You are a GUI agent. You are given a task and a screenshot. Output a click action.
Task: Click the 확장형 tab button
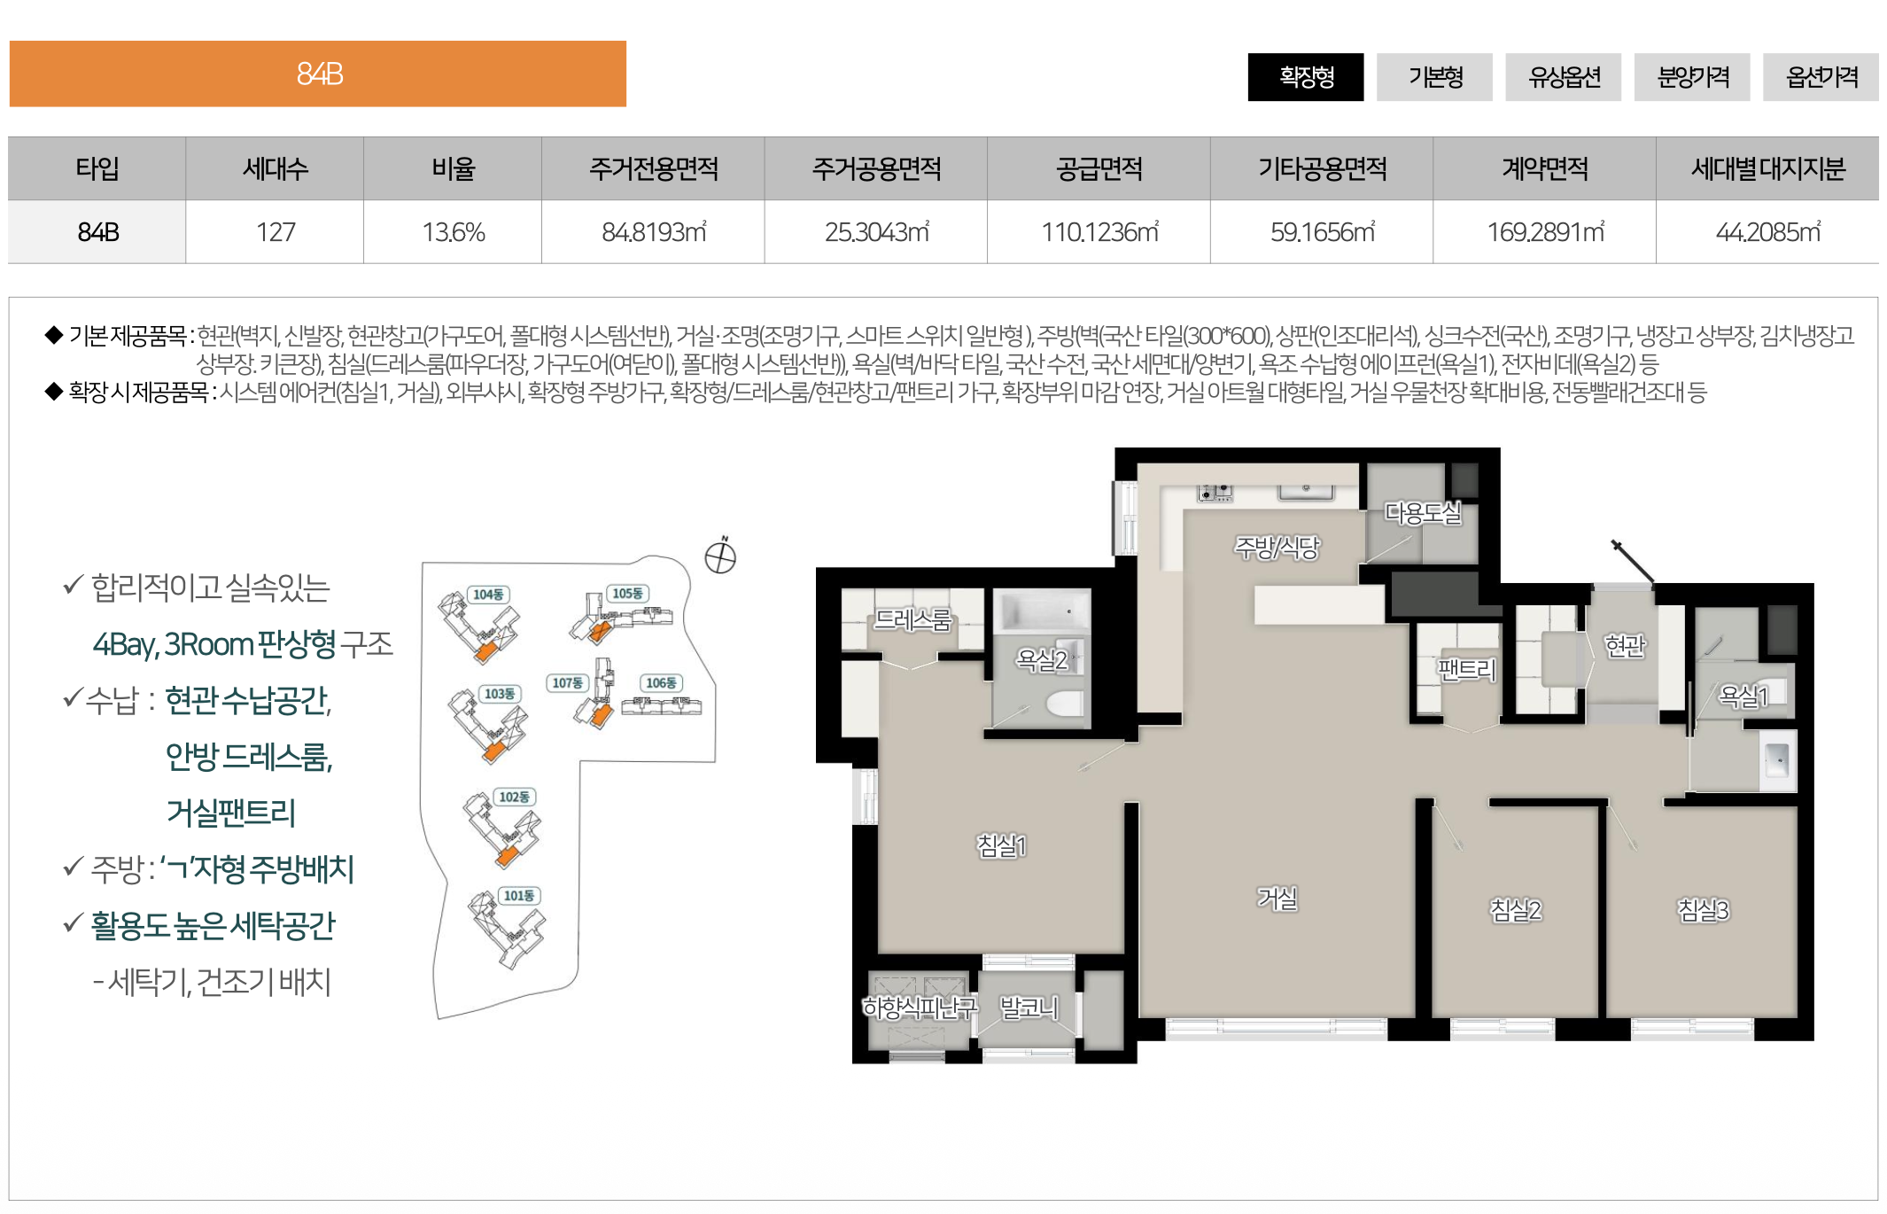click(1305, 77)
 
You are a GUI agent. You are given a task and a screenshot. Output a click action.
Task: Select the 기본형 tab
click(1434, 77)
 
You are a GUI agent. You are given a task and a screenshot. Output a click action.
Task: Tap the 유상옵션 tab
click(1563, 77)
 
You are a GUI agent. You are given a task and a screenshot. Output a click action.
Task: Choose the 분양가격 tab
click(1692, 77)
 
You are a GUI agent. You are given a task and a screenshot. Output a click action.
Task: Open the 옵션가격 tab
click(1821, 77)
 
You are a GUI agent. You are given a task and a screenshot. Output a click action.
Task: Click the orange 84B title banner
click(318, 74)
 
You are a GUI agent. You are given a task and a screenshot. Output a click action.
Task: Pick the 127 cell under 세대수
click(275, 232)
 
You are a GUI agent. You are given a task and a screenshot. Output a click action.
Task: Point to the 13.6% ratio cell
click(453, 232)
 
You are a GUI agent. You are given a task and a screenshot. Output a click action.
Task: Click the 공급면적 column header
click(1099, 168)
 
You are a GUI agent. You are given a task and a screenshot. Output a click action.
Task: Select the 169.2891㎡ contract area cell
click(1545, 232)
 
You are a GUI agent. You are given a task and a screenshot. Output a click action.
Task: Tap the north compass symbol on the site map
click(720, 557)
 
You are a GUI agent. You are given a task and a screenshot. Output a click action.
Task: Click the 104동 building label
click(488, 595)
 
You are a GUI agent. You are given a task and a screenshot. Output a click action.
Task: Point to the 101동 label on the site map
click(519, 896)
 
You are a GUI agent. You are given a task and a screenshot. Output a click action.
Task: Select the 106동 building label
click(661, 683)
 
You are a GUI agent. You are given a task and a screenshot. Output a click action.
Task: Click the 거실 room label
click(1277, 899)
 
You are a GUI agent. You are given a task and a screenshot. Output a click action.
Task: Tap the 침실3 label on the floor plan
click(1703, 910)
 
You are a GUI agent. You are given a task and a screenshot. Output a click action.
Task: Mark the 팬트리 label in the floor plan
click(1467, 669)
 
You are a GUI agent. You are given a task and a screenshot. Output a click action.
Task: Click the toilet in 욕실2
click(1064, 704)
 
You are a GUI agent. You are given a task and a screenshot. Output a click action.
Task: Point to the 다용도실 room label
click(1423, 513)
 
